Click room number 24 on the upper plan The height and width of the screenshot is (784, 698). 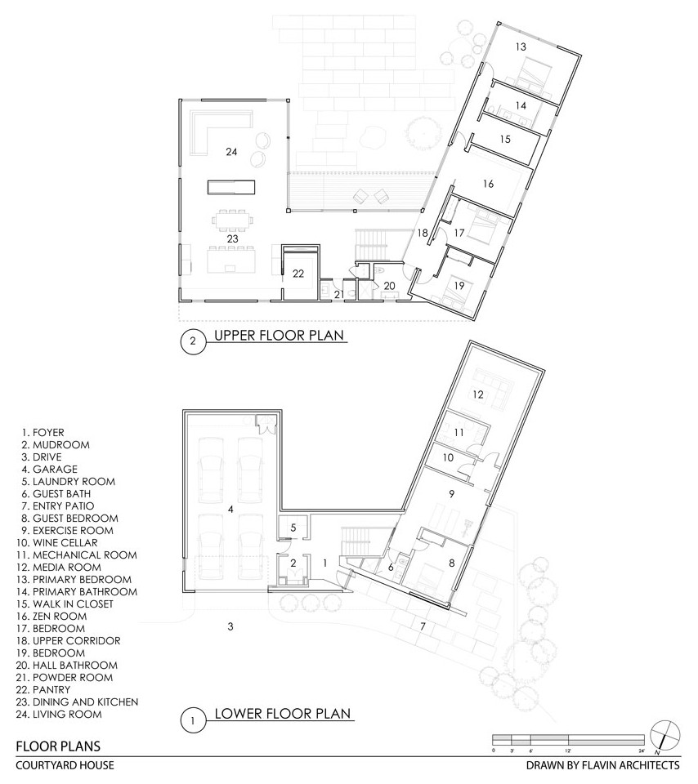(x=231, y=152)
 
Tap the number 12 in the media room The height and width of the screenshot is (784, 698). (x=478, y=394)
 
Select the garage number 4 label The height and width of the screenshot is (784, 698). (x=230, y=510)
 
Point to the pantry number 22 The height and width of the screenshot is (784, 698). (x=298, y=274)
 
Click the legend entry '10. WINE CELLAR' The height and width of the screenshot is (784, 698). (x=60, y=543)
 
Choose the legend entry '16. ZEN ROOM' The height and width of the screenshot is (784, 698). (x=54, y=617)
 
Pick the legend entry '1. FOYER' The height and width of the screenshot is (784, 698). (x=43, y=433)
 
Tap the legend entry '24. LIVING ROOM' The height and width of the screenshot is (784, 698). (x=59, y=715)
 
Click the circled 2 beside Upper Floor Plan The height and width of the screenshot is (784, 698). (x=193, y=342)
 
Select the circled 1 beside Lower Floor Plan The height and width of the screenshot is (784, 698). (x=193, y=720)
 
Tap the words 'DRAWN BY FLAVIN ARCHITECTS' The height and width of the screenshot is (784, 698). (x=602, y=765)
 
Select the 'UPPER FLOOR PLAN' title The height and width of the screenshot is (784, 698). (x=280, y=335)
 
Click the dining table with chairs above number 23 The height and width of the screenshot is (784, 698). (x=233, y=219)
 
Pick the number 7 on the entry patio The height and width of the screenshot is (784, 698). (x=423, y=626)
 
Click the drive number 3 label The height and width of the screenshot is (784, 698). (x=230, y=626)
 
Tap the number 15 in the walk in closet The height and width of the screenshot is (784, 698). (x=505, y=139)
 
